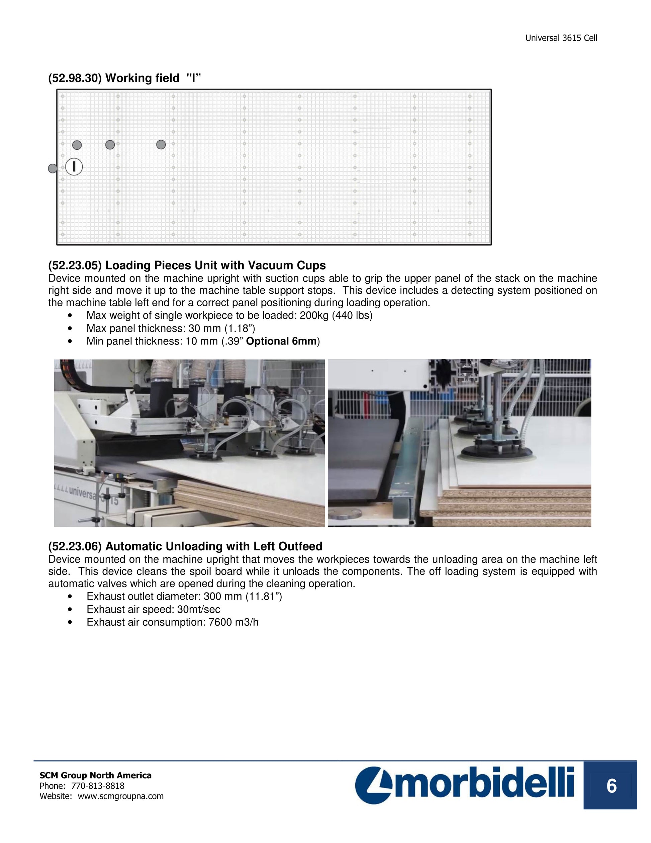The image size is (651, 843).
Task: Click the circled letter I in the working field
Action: click(x=74, y=167)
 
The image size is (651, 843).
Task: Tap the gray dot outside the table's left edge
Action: click(x=53, y=168)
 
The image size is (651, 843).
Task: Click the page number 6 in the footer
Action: click(x=611, y=786)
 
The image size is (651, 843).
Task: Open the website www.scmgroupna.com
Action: click(x=121, y=796)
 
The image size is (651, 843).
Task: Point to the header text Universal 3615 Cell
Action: click(x=561, y=38)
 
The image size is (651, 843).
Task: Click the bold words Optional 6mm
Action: click(x=281, y=341)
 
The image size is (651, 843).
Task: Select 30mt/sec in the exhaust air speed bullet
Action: click(x=199, y=609)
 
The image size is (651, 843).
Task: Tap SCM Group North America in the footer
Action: click(x=96, y=775)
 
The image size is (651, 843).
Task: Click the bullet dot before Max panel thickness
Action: click(x=70, y=328)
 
